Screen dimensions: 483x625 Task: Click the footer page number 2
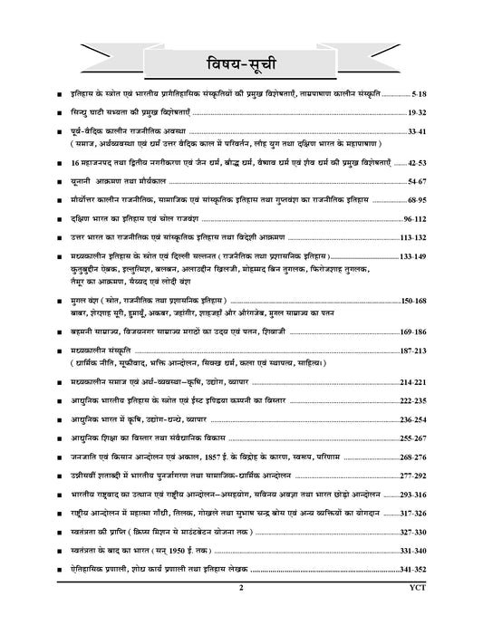[x=241, y=613]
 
